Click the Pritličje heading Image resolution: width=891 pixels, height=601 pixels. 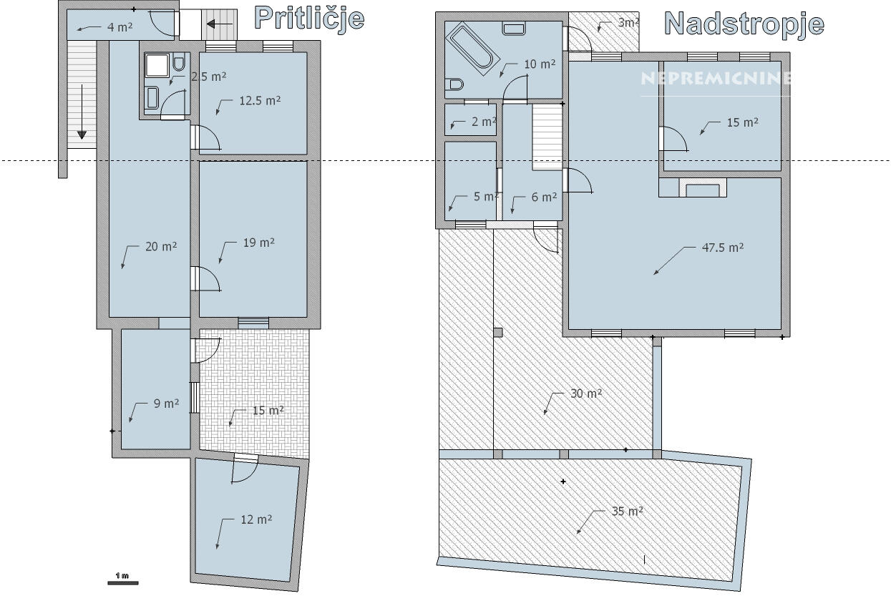(309, 19)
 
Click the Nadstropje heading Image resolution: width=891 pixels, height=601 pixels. (744, 24)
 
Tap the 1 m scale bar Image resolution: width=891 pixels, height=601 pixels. (123, 583)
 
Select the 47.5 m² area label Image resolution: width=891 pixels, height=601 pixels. (723, 248)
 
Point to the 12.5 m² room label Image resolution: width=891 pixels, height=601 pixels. (260, 101)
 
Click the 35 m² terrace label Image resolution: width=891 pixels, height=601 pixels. (628, 511)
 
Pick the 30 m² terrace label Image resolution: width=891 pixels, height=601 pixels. (586, 394)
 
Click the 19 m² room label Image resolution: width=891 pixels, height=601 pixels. (258, 243)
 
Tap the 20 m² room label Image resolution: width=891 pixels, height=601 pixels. (161, 247)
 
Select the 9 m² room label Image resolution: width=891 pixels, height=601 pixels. (166, 404)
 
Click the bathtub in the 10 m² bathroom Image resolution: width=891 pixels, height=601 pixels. (472, 49)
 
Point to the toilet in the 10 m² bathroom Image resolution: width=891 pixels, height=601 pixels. (454, 84)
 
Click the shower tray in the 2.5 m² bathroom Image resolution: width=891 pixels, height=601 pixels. (157, 66)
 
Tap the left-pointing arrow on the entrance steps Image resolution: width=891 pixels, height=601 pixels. (220, 24)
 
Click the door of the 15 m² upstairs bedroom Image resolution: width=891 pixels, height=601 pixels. (673, 139)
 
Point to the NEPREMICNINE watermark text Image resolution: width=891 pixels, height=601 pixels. (715, 79)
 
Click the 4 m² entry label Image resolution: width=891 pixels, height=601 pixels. (120, 27)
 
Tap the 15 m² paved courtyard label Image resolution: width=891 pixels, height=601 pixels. (268, 410)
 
